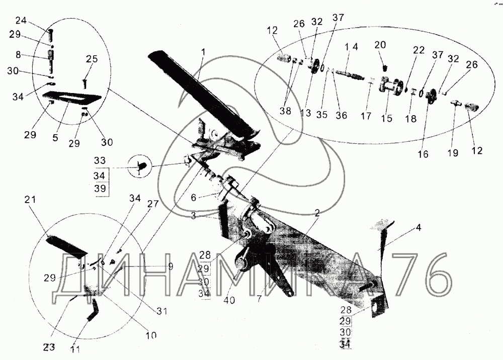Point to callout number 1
(x=204, y=52)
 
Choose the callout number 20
(x=380, y=45)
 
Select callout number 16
(x=423, y=155)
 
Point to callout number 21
(x=31, y=200)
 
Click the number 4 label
(x=419, y=227)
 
